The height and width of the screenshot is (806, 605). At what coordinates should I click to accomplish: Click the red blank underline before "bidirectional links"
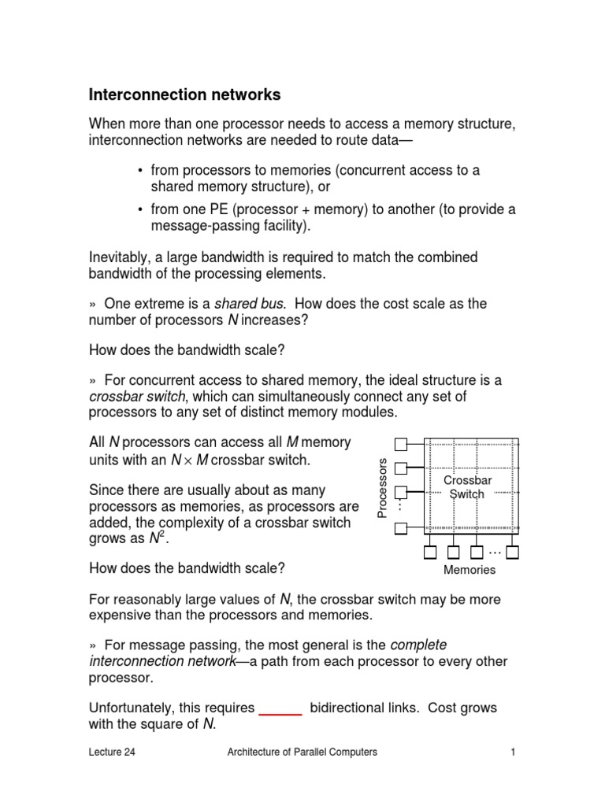coord(281,708)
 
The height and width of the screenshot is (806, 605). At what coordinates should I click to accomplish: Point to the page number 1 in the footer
coord(512,752)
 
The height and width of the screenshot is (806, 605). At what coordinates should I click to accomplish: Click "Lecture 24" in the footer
coord(112,752)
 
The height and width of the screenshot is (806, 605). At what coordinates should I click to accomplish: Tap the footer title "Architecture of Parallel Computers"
coord(302,752)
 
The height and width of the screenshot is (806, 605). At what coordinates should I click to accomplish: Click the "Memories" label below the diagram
coord(470,570)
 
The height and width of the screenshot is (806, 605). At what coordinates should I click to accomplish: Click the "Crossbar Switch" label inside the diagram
coord(467,486)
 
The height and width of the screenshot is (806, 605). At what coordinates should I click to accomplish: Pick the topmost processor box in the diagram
coord(401,445)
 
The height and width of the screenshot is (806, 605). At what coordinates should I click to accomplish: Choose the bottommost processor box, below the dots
coord(401,528)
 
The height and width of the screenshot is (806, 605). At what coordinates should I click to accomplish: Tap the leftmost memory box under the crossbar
coord(429,552)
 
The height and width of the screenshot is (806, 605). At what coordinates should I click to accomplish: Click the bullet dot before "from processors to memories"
coord(139,170)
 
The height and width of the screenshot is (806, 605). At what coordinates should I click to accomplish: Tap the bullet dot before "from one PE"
coord(139,209)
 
